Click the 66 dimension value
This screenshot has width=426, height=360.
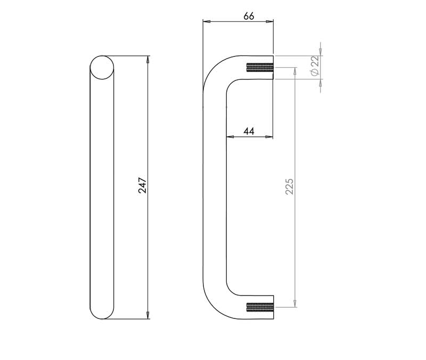click(249, 17)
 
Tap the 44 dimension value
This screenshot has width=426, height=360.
click(249, 132)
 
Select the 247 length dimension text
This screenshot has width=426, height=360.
click(142, 185)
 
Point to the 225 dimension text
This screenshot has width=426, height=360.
click(289, 186)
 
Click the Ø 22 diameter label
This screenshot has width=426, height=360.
click(315, 66)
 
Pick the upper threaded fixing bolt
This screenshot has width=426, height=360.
click(259, 68)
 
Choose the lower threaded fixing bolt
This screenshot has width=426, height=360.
click(259, 307)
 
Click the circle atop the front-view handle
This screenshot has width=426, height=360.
click(102, 68)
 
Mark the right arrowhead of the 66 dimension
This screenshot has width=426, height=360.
click(269, 21)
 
